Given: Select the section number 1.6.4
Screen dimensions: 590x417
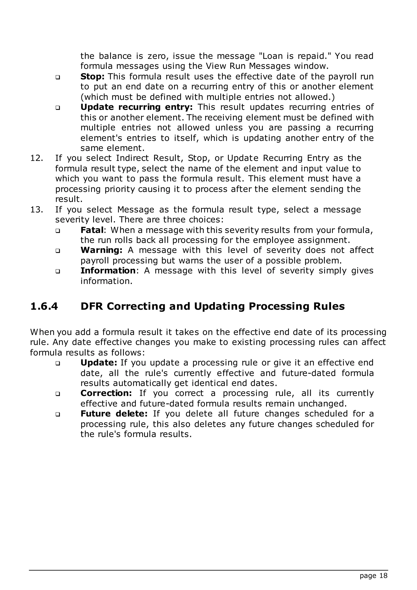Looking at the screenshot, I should [x=44, y=306].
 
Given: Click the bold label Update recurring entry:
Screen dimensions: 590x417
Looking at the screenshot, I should [x=136, y=107].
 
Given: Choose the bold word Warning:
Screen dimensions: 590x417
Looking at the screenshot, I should [x=101, y=250].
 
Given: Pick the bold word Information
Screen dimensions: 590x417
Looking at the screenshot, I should [x=108, y=271].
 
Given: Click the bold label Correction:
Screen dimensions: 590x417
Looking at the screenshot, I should [x=106, y=393].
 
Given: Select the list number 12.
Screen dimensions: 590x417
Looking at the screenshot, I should [x=36, y=158].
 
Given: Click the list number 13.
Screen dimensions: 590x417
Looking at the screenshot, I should [x=36, y=210].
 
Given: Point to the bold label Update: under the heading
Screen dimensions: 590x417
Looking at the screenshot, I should [x=99, y=363].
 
